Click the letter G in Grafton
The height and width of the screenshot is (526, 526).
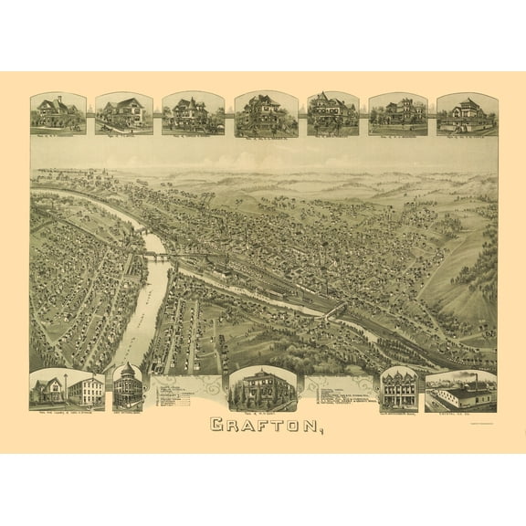pos(217,425)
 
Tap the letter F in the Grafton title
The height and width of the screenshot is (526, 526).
pos(253,425)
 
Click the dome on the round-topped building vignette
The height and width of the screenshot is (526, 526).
pos(128,373)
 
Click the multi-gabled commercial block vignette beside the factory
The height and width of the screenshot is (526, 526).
pos(398,389)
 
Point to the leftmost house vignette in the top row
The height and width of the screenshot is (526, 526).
pos(58,113)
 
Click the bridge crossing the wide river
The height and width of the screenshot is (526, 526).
pos(157,258)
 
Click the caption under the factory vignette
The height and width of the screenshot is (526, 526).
pos(460,412)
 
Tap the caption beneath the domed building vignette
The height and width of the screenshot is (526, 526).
pos(128,412)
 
